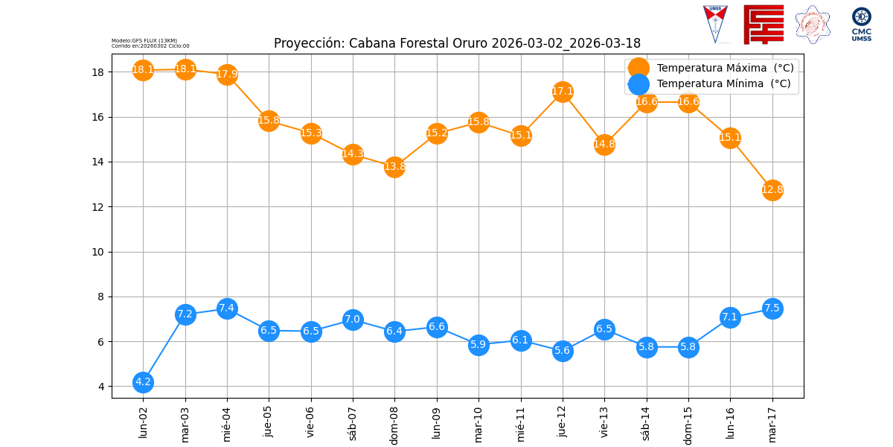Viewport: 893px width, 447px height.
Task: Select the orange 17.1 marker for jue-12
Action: click(563, 92)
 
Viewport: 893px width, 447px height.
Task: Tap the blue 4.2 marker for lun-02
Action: click(143, 382)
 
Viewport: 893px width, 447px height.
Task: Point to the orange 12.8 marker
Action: click(772, 190)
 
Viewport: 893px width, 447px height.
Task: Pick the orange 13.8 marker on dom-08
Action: click(394, 167)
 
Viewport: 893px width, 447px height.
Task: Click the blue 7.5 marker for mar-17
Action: click(772, 308)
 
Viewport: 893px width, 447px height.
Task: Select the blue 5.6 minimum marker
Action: click(563, 351)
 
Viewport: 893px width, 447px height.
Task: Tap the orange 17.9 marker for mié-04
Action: click(227, 74)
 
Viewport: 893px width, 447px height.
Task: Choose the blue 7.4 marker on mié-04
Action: click(227, 308)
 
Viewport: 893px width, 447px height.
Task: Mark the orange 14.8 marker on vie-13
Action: click(604, 145)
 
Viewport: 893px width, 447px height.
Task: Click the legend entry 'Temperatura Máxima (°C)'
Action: click(725, 68)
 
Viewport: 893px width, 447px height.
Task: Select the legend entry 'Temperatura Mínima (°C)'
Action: click(723, 84)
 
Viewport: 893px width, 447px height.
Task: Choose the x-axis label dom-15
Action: click(688, 423)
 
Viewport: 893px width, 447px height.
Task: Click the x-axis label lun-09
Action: click(437, 421)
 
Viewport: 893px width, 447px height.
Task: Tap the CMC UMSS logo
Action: click(862, 24)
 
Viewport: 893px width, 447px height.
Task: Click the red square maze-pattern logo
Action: click(764, 25)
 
